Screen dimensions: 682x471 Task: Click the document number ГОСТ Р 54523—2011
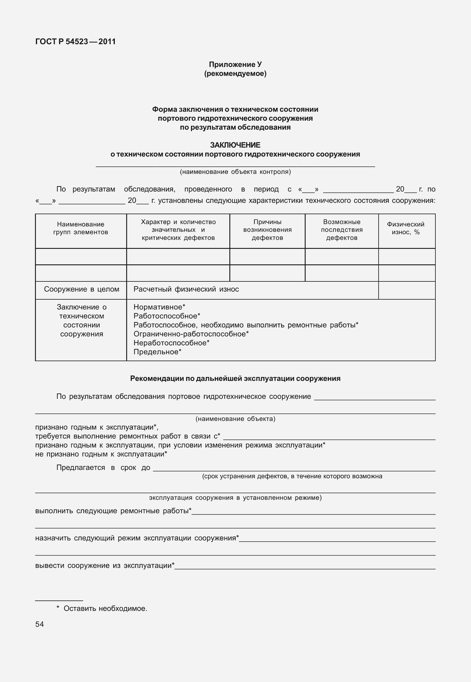[x=75, y=42]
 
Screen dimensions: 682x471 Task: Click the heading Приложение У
[x=235, y=65]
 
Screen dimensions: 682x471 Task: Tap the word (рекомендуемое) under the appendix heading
[x=235, y=73]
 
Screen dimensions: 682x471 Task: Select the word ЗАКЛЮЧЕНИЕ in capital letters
[x=235, y=145]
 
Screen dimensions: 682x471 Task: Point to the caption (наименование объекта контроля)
[x=235, y=172]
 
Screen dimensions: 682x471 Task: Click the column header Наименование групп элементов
[x=81, y=228]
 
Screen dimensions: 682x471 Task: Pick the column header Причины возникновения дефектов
[x=267, y=230]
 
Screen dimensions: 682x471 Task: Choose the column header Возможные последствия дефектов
[x=342, y=230]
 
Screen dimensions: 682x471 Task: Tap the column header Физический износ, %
[x=406, y=228]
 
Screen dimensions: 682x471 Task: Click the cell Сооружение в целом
[x=81, y=289]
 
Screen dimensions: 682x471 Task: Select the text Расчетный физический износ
[x=186, y=289]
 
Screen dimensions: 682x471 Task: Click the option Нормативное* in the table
[x=159, y=307]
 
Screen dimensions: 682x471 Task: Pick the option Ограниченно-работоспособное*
[x=191, y=334]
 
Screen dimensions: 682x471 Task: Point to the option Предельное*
[x=157, y=352]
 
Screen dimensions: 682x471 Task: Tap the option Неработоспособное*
[x=171, y=343]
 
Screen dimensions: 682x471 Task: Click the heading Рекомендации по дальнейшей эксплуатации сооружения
[x=235, y=378]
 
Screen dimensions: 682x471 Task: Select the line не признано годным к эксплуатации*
[x=101, y=454]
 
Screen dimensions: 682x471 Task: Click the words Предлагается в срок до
[x=103, y=468]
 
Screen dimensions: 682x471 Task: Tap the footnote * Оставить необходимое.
[x=102, y=609]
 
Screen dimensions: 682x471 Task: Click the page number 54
[x=39, y=624]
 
